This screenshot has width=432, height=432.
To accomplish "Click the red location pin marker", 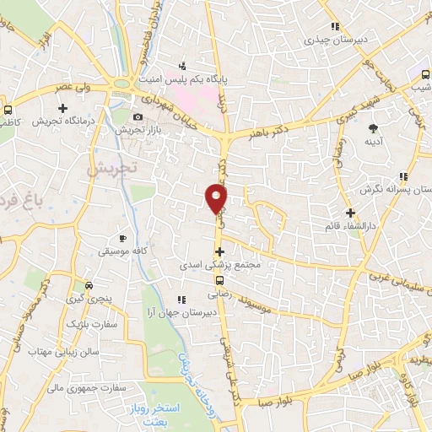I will [x=217, y=198].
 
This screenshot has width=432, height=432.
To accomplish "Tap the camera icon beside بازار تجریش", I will [x=138, y=116].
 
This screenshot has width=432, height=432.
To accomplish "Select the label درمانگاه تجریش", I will [x=62, y=121].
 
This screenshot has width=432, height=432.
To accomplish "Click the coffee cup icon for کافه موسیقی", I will [x=123, y=239].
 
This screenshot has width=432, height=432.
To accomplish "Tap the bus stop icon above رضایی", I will [x=219, y=281].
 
